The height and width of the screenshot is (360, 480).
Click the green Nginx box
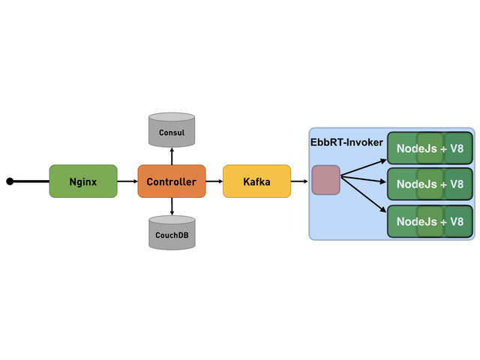pyautogui.click(x=83, y=181)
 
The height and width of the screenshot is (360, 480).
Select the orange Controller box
pyautogui.click(x=172, y=181)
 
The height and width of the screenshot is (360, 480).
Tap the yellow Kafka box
pyautogui.click(x=256, y=181)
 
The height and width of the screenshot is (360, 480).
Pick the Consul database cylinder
pyautogui.click(x=172, y=130)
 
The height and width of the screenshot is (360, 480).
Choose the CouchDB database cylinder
pyautogui.click(x=172, y=232)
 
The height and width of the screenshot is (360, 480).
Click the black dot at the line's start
pyautogui.click(x=10, y=181)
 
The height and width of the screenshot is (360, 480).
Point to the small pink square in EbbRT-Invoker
pyautogui.click(x=325, y=180)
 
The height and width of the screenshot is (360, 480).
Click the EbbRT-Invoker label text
pyautogui.click(x=346, y=142)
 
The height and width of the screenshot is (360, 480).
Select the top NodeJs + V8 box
pyautogui.click(x=430, y=148)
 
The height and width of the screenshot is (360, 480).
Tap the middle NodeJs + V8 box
pyautogui.click(x=430, y=184)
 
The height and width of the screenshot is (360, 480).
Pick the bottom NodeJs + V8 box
pyautogui.click(x=430, y=221)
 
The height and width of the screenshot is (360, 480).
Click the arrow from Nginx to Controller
pyautogui.click(x=127, y=181)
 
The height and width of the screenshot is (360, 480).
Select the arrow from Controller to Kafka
pyautogui.click(x=214, y=181)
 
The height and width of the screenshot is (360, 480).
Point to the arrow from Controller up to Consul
pyautogui.click(x=172, y=156)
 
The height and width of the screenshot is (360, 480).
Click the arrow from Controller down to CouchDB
pyautogui.click(x=172, y=206)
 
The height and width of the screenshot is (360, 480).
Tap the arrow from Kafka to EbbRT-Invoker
pyautogui.click(x=299, y=181)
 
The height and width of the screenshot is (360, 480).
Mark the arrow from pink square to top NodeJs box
pyautogui.click(x=363, y=168)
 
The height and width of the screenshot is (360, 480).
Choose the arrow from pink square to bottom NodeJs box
pyautogui.click(x=363, y=194)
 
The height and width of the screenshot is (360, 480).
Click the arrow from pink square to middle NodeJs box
pyautogui.click(x=363, y=180)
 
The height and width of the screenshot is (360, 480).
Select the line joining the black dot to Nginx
pyautogui.click(x=31, y=181)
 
